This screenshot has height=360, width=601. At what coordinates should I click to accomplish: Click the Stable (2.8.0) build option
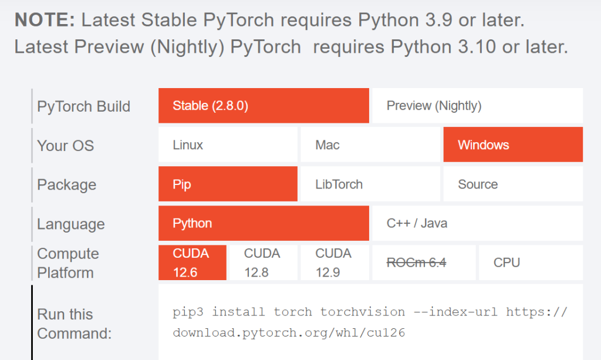point(264,106)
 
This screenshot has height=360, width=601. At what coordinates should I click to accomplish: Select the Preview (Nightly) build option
point(477,106)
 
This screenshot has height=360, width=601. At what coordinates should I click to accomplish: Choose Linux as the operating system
point(228,145)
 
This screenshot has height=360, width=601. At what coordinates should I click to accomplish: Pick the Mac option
point(370,145)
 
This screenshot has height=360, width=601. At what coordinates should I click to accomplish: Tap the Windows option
point(513,145)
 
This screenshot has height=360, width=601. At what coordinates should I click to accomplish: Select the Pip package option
point(228,184)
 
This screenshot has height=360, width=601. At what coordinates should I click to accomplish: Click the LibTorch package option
point(370,184)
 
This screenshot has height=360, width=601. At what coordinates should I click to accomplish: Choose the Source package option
point(513,184)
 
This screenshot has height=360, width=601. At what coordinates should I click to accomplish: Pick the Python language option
point(264,224)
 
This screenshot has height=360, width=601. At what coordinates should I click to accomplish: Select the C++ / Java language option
point(477,224)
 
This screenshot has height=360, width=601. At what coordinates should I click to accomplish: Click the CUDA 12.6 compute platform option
point(192,263)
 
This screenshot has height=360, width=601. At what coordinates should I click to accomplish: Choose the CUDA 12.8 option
point(262,263)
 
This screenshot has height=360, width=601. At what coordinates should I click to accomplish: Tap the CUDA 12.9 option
point(334,263)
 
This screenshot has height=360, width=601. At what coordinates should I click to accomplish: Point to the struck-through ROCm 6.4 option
point(416,263)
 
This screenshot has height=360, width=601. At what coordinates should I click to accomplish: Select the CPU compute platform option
point(530,263)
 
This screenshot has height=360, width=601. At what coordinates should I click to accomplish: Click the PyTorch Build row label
point(83,107)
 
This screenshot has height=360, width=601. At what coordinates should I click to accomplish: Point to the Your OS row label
point(65,146)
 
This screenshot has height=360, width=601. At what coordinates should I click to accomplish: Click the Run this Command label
point(74,324)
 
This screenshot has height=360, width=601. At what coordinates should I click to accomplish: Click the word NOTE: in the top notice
point(45,20)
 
